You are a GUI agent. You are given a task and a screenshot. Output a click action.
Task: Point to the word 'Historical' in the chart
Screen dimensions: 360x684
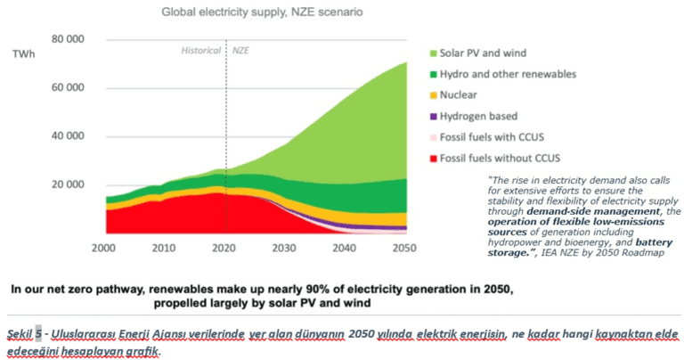pyautogui.click(x=201, y=51)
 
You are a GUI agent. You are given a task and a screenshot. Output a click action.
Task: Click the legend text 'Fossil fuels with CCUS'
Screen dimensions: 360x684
pyautogui.click(x=502, y=138)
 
